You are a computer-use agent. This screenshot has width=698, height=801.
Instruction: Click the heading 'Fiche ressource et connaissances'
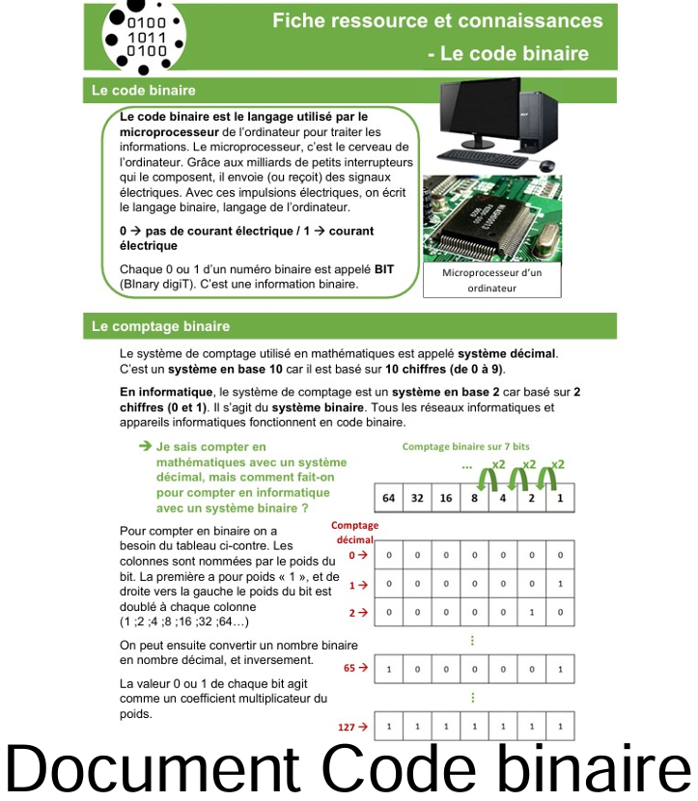pos(437,20)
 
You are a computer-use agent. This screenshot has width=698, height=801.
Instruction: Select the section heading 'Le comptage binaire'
pos(161,326)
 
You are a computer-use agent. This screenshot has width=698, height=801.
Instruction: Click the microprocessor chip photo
pos(491,220)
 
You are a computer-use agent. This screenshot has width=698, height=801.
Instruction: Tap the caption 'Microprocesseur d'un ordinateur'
pos(491,280)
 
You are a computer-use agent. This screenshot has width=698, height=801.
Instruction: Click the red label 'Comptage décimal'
pos(354,532)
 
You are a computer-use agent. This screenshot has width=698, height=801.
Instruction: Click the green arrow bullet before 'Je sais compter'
pos(146,446)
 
